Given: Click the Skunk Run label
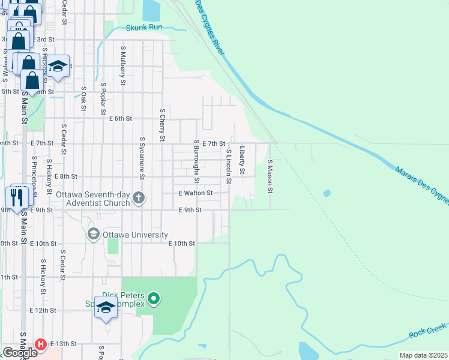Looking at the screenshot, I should tap(144, 28).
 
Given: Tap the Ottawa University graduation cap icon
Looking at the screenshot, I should tap(93, 233).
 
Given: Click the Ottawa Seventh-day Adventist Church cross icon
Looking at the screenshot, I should tap(139, 198).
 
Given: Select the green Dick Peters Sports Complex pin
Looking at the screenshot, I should tap(154, 298).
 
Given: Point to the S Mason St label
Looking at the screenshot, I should tap(270, 176).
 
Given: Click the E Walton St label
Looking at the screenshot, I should tap(196, 193).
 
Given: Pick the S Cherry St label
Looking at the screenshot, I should tap(162, 125).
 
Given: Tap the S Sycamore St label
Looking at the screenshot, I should tap(142, 158).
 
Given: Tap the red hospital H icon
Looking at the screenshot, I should tap(41, 344).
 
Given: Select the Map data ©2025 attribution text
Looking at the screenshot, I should tap(423, 355).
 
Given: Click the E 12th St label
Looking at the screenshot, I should tap(43, 310).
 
